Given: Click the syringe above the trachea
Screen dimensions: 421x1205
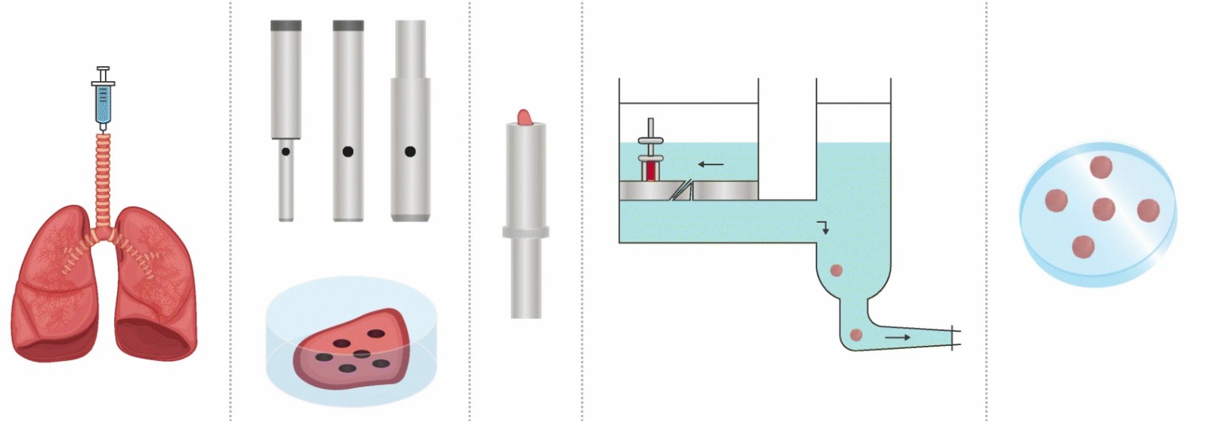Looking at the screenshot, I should (103, 98).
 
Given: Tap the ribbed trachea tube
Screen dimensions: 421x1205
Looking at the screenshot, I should (103, 173).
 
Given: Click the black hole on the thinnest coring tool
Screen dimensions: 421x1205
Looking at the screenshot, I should (286, 152).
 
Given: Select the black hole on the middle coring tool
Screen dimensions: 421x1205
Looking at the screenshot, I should (348, 152).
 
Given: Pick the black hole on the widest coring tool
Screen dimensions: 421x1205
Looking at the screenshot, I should (410, 152).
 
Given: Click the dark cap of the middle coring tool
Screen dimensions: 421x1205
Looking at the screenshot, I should (348, 26).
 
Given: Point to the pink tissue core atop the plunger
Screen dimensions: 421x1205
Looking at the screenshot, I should (525, 117).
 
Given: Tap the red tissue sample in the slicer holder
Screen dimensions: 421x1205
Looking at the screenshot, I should (650, 171).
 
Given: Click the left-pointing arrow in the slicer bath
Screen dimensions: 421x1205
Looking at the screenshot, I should (711, 164).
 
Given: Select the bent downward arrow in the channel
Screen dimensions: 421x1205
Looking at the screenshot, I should (823, 227).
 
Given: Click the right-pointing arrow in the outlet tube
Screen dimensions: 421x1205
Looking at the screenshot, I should (898, 338).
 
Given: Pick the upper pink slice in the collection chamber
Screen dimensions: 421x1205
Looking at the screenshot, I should (836, 270).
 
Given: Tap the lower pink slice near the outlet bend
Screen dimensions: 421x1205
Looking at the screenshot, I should (856, 335).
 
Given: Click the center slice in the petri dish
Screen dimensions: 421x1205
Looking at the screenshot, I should (1103, 209).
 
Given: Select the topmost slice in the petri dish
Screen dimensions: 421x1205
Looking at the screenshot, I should (1101, 167).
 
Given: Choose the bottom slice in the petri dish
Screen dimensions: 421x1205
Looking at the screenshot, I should (1083, 246).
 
